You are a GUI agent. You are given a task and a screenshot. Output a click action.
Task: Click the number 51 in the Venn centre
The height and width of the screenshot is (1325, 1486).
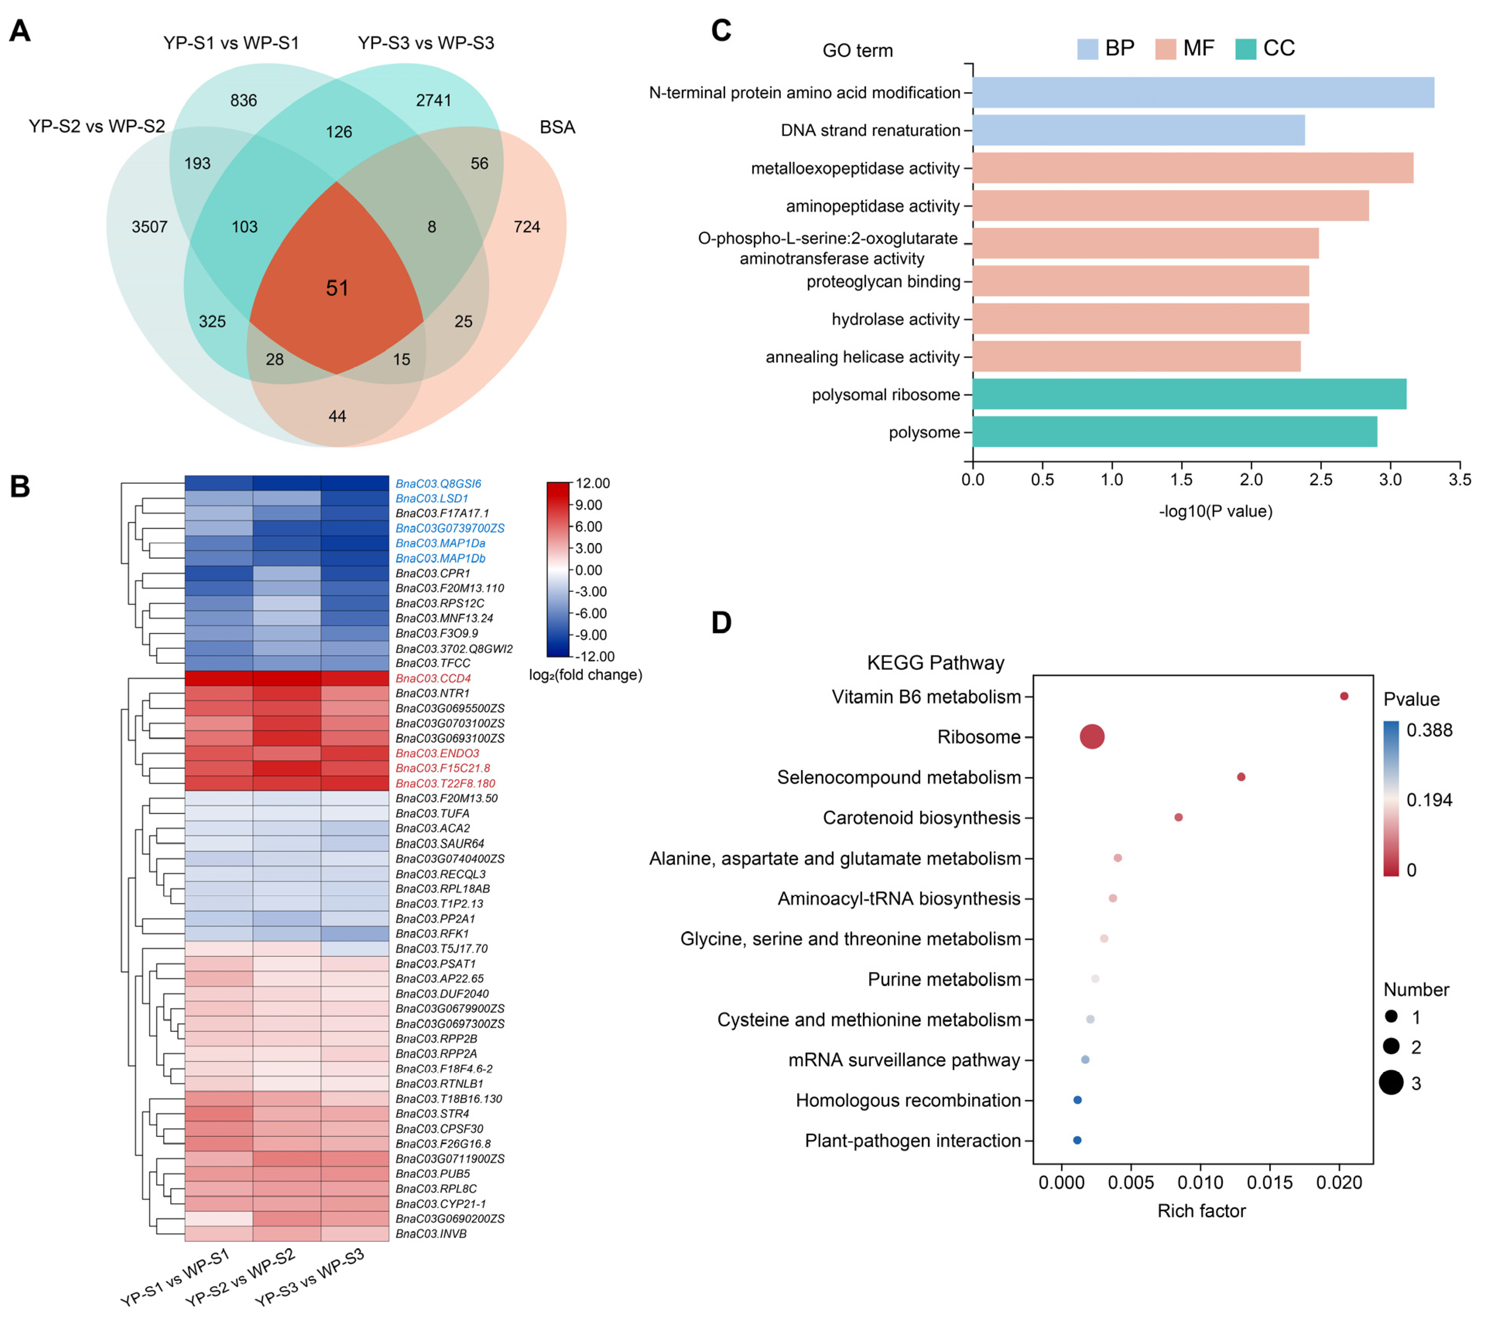pos(337,288)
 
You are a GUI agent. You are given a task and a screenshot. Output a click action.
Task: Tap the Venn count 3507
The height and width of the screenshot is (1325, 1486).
pos(149,227)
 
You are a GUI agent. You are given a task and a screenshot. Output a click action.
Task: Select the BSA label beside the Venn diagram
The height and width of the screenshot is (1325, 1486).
pos(557,127)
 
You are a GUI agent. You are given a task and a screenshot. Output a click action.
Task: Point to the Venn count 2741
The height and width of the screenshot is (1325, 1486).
pos(434,100)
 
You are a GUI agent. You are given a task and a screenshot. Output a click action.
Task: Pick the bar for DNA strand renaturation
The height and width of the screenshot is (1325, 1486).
pos(1138,130)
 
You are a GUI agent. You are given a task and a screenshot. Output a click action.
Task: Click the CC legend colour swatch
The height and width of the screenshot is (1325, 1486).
pos(1245,49)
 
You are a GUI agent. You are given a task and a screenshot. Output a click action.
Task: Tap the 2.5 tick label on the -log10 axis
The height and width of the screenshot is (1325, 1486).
pos(1321,480)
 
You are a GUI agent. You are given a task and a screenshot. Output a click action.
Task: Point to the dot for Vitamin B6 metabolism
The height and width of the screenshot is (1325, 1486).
pos(1344,697)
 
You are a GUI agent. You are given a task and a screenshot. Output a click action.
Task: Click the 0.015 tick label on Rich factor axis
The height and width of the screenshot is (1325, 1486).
pos(1270,1183)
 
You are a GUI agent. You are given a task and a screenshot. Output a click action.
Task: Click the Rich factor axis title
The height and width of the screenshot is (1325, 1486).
pos(1202,1211)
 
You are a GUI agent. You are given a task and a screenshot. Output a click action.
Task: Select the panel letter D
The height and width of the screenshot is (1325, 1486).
pos(721,623)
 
